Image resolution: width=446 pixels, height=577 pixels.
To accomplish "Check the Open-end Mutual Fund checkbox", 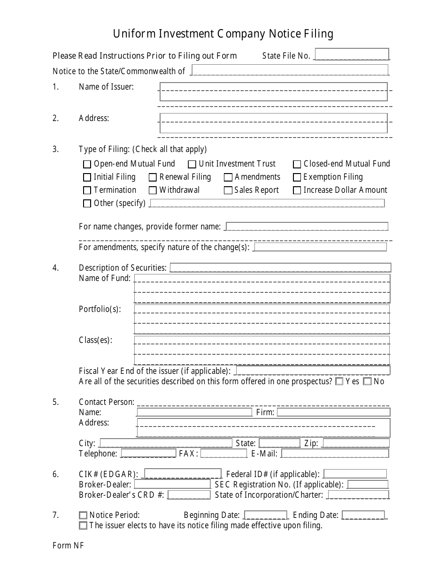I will click(x=87, y=164).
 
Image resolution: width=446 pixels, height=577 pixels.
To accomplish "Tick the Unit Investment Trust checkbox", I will click(x=192, y=164).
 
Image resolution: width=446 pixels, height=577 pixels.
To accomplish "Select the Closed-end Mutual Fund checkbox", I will click(x=297, y=164).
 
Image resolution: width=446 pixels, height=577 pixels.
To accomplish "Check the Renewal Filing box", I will click(x=153, y=177).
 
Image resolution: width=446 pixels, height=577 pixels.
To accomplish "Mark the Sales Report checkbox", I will click(x=228, y=190).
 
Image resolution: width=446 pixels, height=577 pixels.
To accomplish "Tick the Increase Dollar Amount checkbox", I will click(x=297, y=190).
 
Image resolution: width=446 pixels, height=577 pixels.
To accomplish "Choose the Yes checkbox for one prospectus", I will click(x=339, y=381).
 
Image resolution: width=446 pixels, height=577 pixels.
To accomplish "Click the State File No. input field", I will click(x=352, y=54).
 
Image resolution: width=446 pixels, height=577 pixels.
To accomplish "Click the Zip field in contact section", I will click(x=355, y=443).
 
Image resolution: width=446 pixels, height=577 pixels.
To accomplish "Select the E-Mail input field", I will click(x=335, y=454).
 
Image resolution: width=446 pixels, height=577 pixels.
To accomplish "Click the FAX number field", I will click(x=223, y=454).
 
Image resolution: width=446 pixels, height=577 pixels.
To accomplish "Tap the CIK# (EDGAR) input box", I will click(x=183, y=474).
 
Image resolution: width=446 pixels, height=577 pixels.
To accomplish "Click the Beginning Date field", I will click(x=266, y=515).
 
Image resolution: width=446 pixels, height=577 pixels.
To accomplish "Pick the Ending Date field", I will click(x=363, y=515).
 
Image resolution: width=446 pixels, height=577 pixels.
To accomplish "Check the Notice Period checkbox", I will click(x=83, y=515).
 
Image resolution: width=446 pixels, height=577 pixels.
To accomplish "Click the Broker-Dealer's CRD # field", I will click(x=189, y=495).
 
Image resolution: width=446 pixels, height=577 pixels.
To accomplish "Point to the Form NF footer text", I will click(x=68, y=545).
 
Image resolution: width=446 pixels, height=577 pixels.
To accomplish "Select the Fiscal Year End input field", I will click(x=313, y=371).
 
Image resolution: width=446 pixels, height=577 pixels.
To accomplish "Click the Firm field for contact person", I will click(x=333, y=412).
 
